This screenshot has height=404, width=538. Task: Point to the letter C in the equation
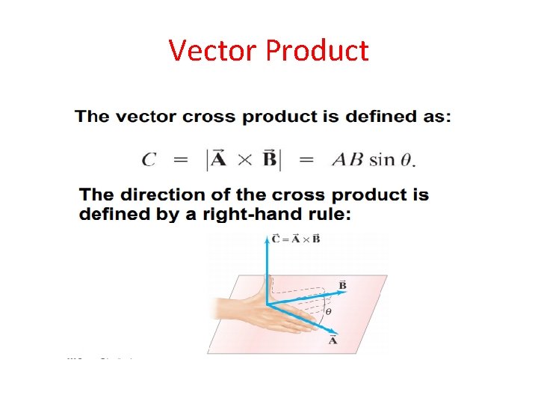tap(149, 159)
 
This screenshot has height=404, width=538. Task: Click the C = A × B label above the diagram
tap(297, 239)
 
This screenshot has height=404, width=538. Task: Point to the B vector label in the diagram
tap(343, 285)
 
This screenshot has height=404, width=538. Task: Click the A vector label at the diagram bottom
tap(333, 341)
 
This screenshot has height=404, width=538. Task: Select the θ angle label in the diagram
tap(328, 312)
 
